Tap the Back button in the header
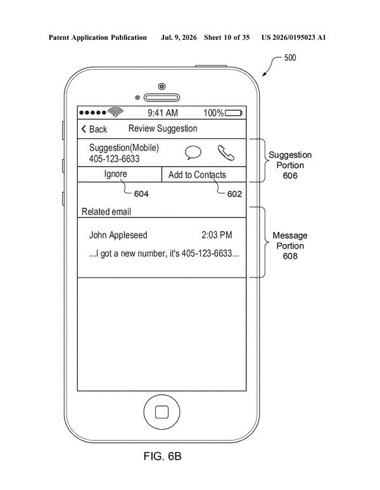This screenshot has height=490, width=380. click(94, 129)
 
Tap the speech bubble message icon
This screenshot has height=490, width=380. click(193, 153)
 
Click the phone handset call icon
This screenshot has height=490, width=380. click(225, 153)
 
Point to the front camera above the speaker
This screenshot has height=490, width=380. click(161, 86)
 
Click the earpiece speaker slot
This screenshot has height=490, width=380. click(161, 98)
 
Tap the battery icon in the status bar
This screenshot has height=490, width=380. click(234, 113)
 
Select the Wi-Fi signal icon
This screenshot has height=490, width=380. click(115, 112)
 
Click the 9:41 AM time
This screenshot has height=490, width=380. click(163, 113)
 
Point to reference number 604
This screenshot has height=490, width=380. click(141, 194)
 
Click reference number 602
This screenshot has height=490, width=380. click(234, 194)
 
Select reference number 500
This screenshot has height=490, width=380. click(290, 58)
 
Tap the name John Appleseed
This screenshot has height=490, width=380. click(118, 235)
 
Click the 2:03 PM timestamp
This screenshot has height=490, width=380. click(217, 235)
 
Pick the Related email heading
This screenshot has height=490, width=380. click(106, 212)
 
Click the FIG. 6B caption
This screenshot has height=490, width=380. click(162, 456)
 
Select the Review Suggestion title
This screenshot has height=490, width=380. click(163, 129)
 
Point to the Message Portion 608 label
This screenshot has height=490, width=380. click(290, 245)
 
